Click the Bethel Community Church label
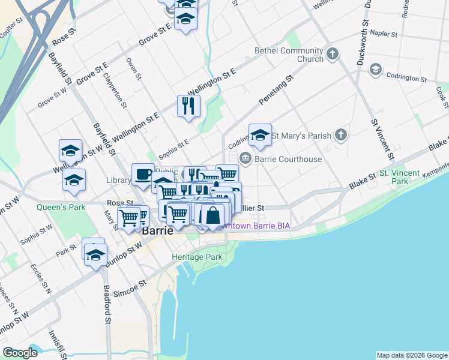289,55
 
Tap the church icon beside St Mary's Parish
341,135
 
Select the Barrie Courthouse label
288,159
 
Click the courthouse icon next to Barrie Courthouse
245,158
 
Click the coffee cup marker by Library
142,174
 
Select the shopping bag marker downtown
212,215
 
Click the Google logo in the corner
20,353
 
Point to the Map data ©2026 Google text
411,355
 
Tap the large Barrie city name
158,230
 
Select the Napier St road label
384,34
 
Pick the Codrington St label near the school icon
406,79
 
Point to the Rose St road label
65,35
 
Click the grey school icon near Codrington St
376,70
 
